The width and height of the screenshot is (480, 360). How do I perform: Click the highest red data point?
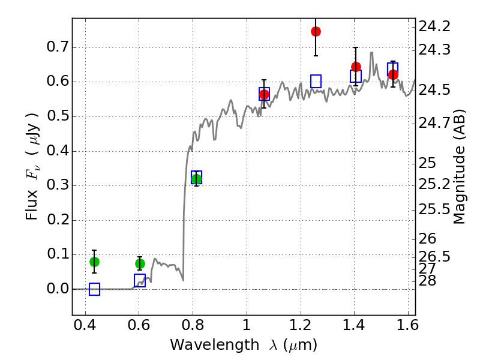(316, 31)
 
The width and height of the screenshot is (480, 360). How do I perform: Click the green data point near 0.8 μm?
(196, 179)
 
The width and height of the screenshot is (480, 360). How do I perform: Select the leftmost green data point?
(94, 262)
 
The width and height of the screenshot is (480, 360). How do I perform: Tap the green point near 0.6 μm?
(140, 263)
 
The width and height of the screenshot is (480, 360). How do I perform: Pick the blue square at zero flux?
(94, 289)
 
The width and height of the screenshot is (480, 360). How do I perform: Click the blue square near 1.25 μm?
(316, 81)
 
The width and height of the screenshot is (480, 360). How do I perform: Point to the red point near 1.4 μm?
(356, 67)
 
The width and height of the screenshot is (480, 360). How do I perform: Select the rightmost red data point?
(393, 74)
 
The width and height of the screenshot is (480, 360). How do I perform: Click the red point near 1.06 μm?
(264, 95)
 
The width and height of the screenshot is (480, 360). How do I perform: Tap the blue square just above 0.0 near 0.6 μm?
(140, 280)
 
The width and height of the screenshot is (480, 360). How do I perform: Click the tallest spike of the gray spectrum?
(371, 53)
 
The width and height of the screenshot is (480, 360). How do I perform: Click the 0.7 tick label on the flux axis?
(57, 47)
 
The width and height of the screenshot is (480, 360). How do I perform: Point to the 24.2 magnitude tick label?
(434, 26)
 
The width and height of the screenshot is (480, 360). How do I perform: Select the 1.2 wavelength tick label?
(301, 325)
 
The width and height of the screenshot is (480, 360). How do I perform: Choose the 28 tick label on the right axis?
(427, 281)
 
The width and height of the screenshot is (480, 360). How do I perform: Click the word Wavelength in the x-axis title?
(215, 344)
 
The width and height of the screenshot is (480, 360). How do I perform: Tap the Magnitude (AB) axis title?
(458, 166)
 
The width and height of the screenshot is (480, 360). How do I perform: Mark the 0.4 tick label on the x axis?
(85, 325)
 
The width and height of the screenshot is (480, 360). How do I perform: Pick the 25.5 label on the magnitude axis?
(434, 209)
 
